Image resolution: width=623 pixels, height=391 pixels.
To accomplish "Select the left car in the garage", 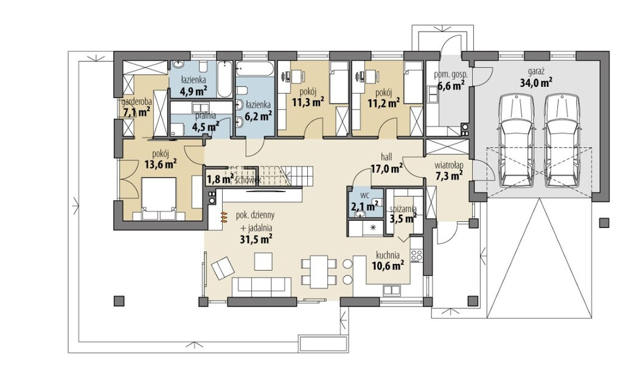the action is point(516,140).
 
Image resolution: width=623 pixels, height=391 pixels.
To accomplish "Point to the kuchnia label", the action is point(388,255).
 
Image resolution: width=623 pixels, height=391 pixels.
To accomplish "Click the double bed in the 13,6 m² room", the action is point(159,198).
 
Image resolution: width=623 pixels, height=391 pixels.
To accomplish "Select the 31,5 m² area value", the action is point(256,238).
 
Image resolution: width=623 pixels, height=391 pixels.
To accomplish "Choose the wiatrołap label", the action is point(449,164).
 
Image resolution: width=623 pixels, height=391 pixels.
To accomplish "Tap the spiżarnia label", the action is point(403,209).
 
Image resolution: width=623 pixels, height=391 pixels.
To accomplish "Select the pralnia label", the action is point(206,116).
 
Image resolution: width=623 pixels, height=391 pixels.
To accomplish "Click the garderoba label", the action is point(137,102).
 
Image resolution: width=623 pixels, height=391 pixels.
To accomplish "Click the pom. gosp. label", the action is point(451,74).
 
